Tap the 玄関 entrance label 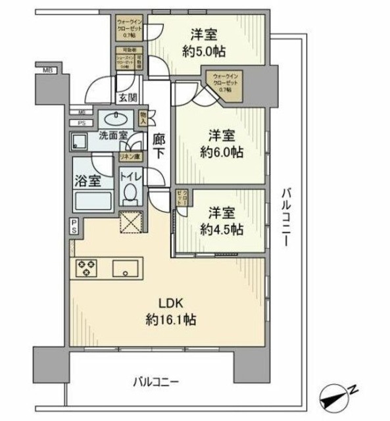click(128, 98)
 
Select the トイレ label click(130, 176)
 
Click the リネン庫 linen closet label click(129, 157)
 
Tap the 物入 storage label click(143, 119)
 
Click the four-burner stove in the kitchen click(86, 268)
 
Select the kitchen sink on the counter click(125, 270)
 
